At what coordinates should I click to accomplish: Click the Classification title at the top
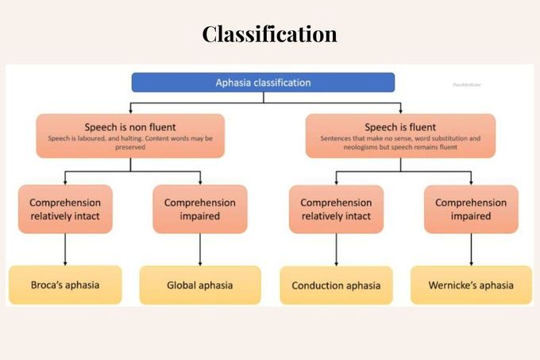click(269, 34)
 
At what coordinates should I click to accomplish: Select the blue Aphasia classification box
click(263, 83)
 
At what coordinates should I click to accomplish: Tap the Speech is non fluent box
click(130, 136)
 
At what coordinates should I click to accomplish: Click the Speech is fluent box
click(400, 136)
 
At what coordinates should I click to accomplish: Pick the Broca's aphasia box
click(65, 285)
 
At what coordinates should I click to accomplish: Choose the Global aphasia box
click(199, 285)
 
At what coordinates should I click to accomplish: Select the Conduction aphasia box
click(336, 285)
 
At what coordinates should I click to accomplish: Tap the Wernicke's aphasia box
click(471, 285)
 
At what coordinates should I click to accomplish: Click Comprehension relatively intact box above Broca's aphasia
click(65, 208)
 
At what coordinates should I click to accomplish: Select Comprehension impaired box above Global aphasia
click(199, 208)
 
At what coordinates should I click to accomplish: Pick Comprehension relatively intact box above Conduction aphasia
click(336, 208)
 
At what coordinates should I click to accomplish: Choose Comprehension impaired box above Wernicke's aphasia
click(471, 208)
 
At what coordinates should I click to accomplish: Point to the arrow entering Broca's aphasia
click(65, 261)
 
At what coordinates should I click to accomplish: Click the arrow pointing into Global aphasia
click(199, 261)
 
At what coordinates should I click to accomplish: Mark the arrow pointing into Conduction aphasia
click(336, 261)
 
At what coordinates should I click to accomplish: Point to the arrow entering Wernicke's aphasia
click(471, 261)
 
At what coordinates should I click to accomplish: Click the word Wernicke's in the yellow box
click(451, 285)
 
